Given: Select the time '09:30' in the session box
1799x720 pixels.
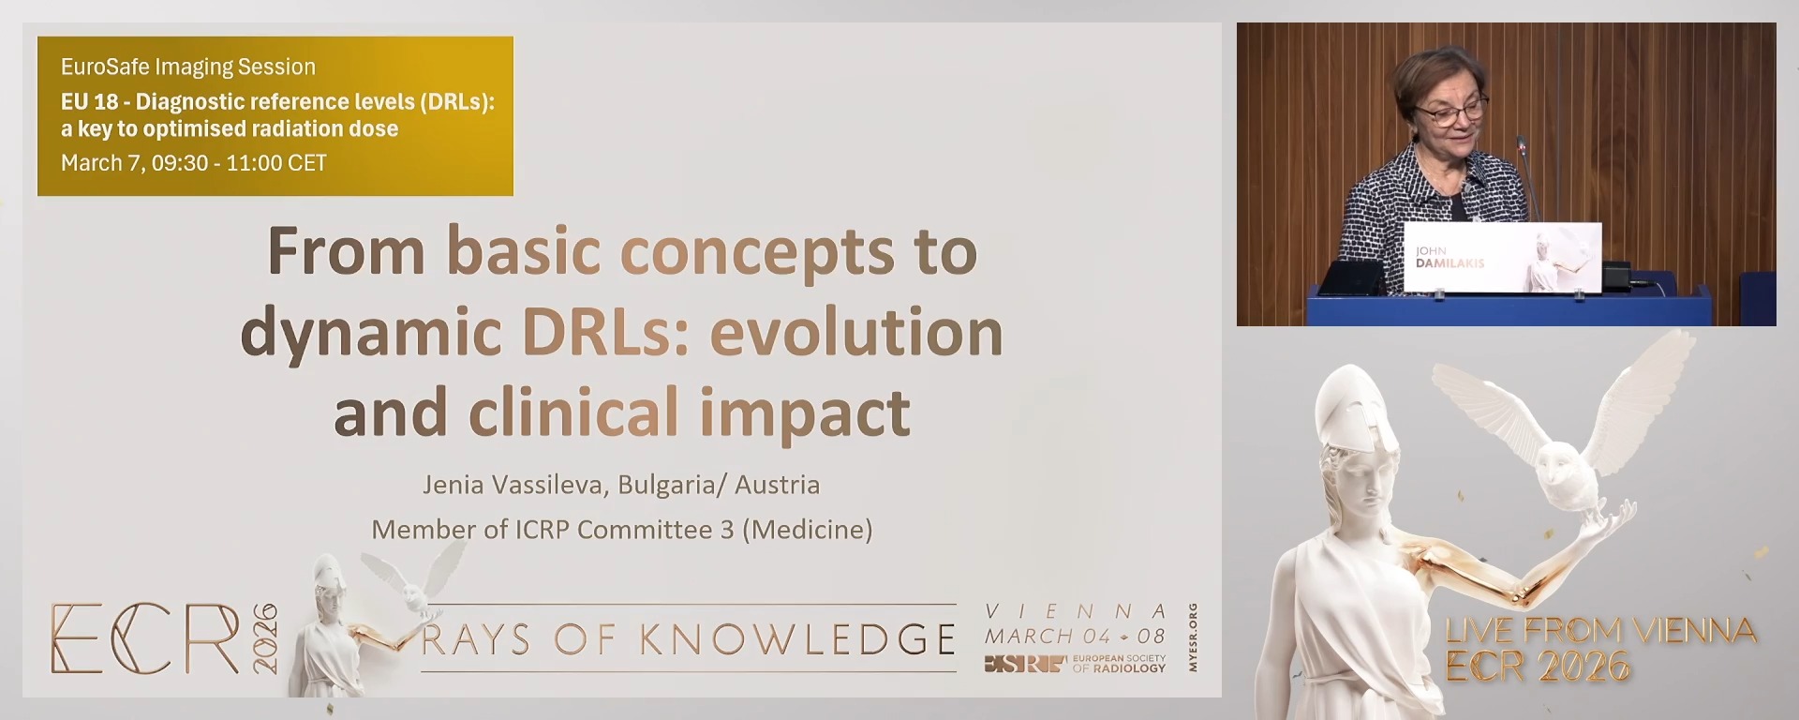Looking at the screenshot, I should tap(179, 163).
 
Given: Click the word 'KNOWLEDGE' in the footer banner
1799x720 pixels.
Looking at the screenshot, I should tap(798, 639).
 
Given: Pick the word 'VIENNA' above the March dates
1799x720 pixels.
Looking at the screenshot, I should tap(1076, 611).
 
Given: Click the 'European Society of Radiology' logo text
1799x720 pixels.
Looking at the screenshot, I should tap(1119, 664).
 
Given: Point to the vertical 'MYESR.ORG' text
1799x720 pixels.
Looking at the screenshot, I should tap(1193, 637).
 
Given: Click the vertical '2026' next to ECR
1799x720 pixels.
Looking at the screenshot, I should tap(265, 637).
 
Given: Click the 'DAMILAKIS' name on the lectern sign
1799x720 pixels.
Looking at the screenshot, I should tap(1450, 263).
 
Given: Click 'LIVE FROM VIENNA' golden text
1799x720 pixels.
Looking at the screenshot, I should tap(1599, 630).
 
